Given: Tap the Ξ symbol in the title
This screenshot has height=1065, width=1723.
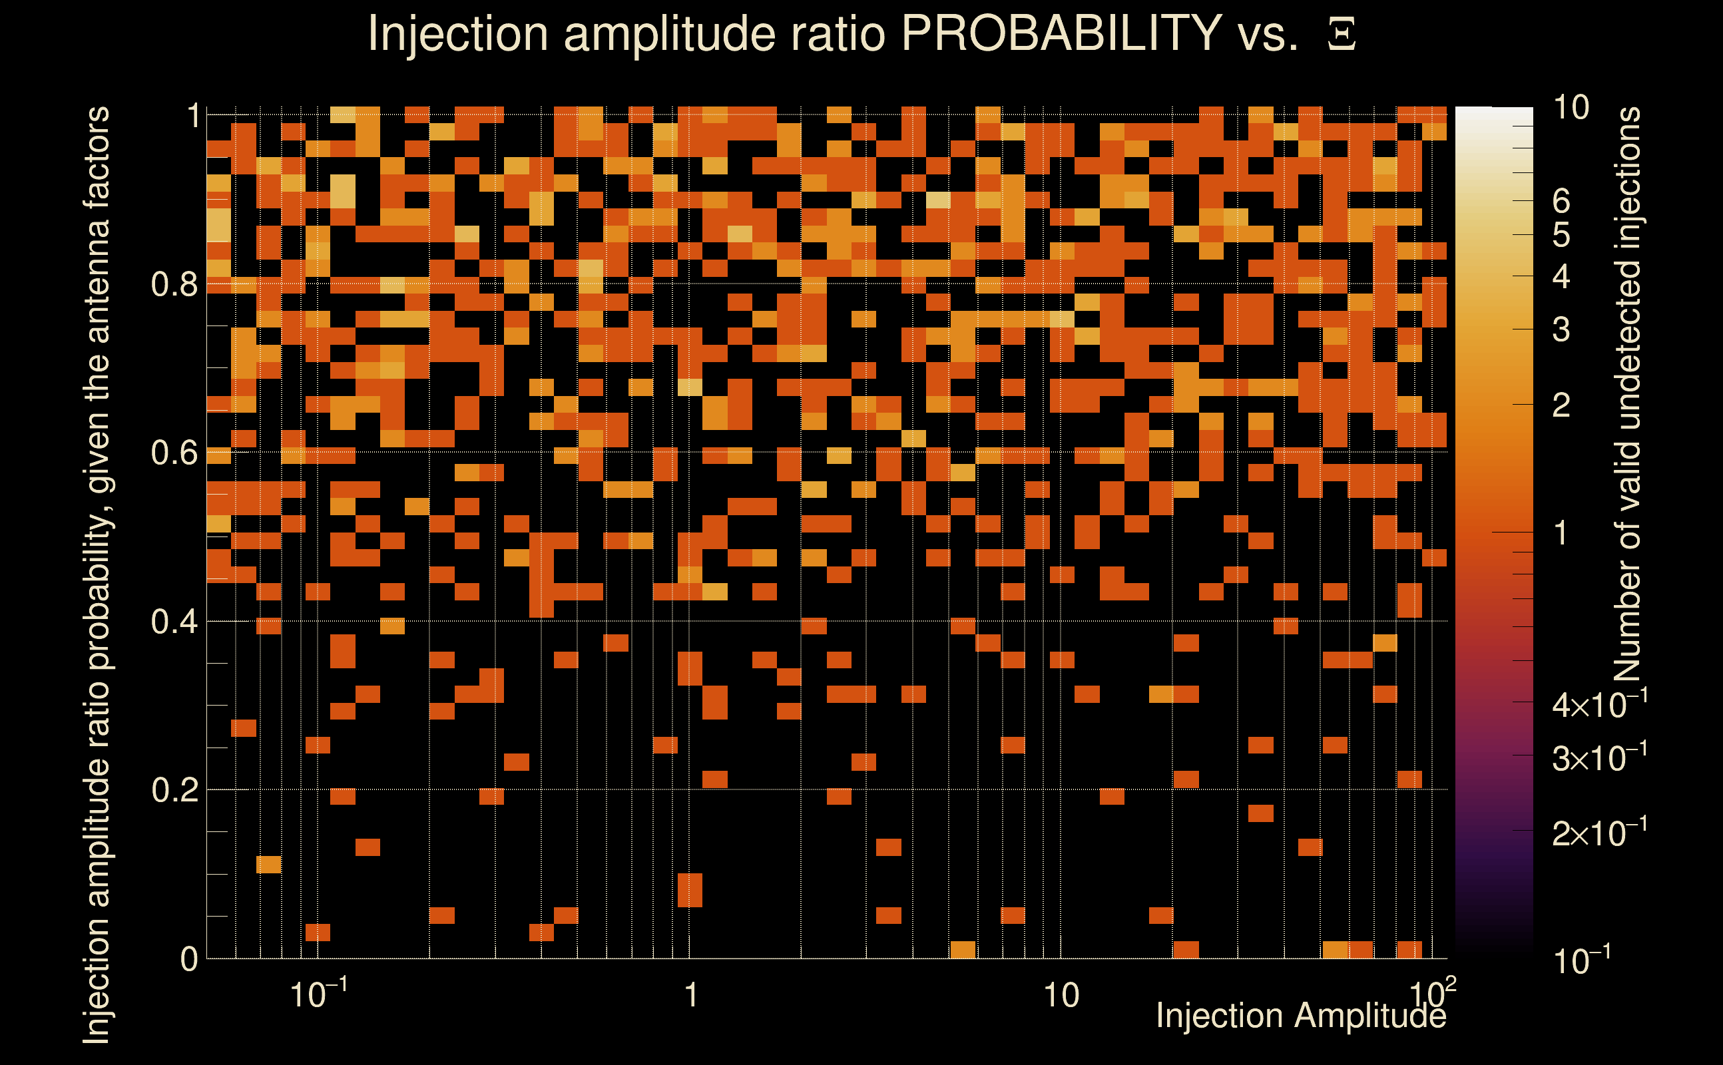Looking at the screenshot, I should click(x=1342, y=35).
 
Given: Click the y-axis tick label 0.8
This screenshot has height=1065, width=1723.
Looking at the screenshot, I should click(x=174, y=285).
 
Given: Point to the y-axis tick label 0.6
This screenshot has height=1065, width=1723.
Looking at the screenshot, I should click(x=174, y=453).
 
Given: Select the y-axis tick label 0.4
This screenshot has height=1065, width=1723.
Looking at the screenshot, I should click(x=174, y=622).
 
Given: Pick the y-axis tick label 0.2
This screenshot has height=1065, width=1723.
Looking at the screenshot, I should click(x=174, y=790).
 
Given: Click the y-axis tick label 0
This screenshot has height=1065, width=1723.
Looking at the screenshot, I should click(x=189, y=959).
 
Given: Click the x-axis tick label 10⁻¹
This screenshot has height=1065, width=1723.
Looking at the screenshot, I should click(x=318, y=994).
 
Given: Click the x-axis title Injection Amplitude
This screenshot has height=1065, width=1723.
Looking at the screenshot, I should click(x=1300, y=1016).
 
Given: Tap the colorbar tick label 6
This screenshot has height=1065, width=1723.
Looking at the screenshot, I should click(x=1561, y=202).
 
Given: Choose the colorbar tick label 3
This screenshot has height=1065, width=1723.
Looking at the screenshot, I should click(x=1561, y=329).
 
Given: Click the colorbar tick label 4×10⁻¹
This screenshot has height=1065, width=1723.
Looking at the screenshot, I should click(x=1599, y=705).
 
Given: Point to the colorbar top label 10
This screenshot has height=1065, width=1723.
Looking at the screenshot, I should click(x=1571, y=108).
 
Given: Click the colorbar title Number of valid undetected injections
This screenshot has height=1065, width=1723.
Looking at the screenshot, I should click(x=1628, y=395).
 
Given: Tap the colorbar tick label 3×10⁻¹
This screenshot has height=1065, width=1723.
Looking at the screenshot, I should click(x=1599, y=758).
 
